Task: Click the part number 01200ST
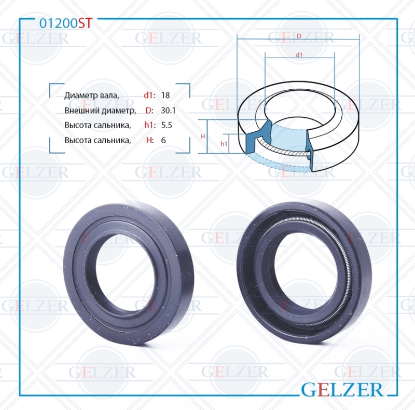coord(66,23)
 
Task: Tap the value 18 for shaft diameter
coord(165,95)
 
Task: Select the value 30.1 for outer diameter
coord(168,110)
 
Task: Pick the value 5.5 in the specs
coord(167,125)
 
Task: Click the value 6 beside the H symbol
coord(163,140)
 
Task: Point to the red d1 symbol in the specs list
coord(148,95)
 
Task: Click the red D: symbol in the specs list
coord(149,110)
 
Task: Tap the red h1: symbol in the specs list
coord(149,125)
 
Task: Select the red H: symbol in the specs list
coord(150,140)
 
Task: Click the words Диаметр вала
coord(92,95)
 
